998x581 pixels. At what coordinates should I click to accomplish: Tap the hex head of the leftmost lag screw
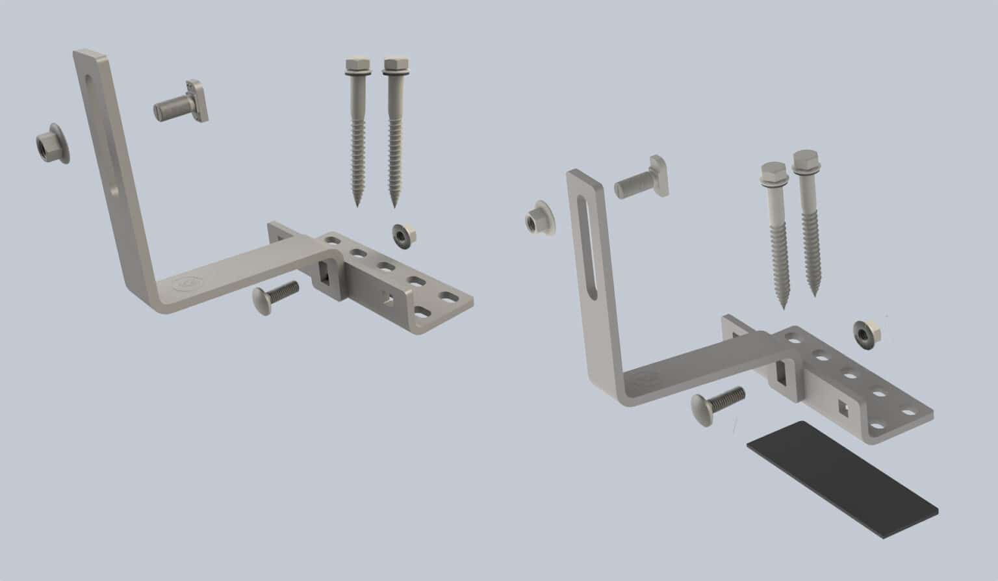(355, 66)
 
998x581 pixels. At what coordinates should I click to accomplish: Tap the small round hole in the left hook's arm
(114, 191)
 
